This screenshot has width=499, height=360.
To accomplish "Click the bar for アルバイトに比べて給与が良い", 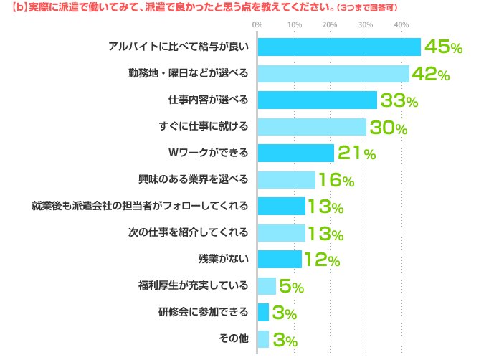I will coord(338,47).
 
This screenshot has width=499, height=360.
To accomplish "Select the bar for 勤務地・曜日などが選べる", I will coord(333,74).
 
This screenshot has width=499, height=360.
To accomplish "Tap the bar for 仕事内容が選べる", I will coord(317,100).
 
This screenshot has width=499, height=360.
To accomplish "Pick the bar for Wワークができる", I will coord(295,153).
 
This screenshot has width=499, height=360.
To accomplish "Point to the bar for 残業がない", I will coord(279,259).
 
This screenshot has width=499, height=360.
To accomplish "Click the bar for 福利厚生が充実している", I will coord(266,285).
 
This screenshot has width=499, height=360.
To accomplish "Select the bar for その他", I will coord(262,338).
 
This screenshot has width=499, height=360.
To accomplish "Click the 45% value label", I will coord(443,47).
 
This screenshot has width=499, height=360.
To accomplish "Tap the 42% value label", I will coord(430,74).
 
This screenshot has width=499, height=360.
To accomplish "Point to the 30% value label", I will coord(387,128).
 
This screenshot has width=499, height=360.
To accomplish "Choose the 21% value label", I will coord(356,153).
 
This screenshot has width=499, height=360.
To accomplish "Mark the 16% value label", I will coord(336,180).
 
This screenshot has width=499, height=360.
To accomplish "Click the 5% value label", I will coord(292,286).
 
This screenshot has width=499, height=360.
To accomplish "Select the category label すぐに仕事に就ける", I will coord(204,127).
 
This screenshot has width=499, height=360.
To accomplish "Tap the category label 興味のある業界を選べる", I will coord(194,179).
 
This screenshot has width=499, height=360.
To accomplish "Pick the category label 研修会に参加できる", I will coord(204,312).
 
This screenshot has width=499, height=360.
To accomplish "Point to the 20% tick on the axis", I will coord(330,25).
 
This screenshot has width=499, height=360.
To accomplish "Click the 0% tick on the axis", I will coord(257,25).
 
